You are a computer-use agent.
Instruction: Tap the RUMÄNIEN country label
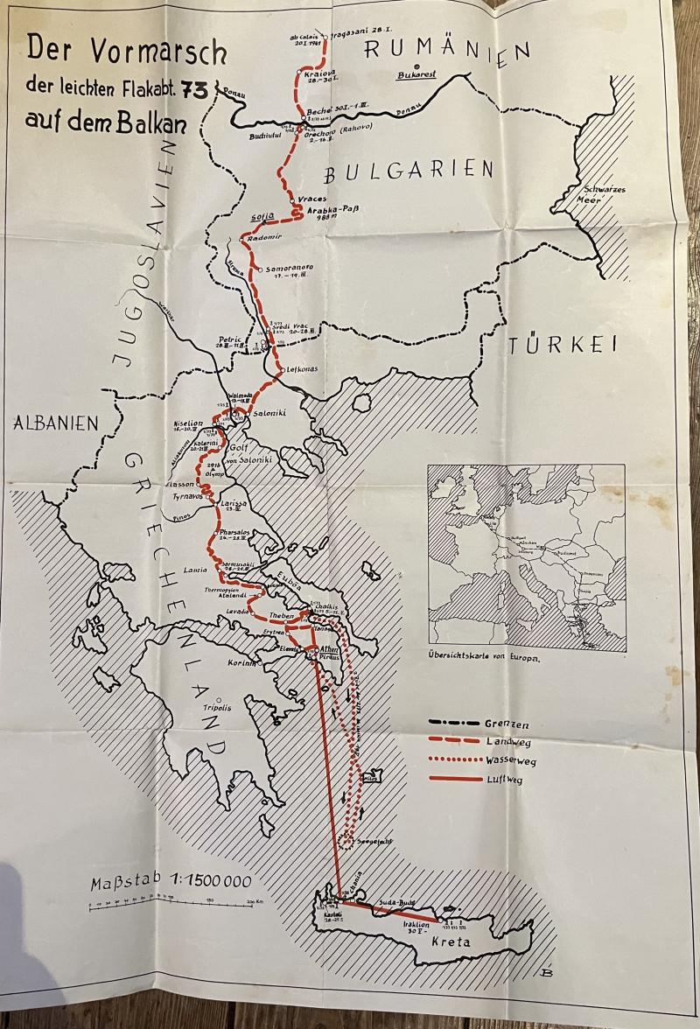(x=447, y=51)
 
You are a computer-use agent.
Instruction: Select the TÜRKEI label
(x=563, y=345)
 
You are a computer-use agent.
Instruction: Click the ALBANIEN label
(x=53, y=423)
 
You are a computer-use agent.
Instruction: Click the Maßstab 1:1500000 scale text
(x=171, y=883)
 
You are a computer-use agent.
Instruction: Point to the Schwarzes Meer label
(x=605, y=193)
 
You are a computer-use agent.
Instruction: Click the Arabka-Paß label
(x=332, y=210)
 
